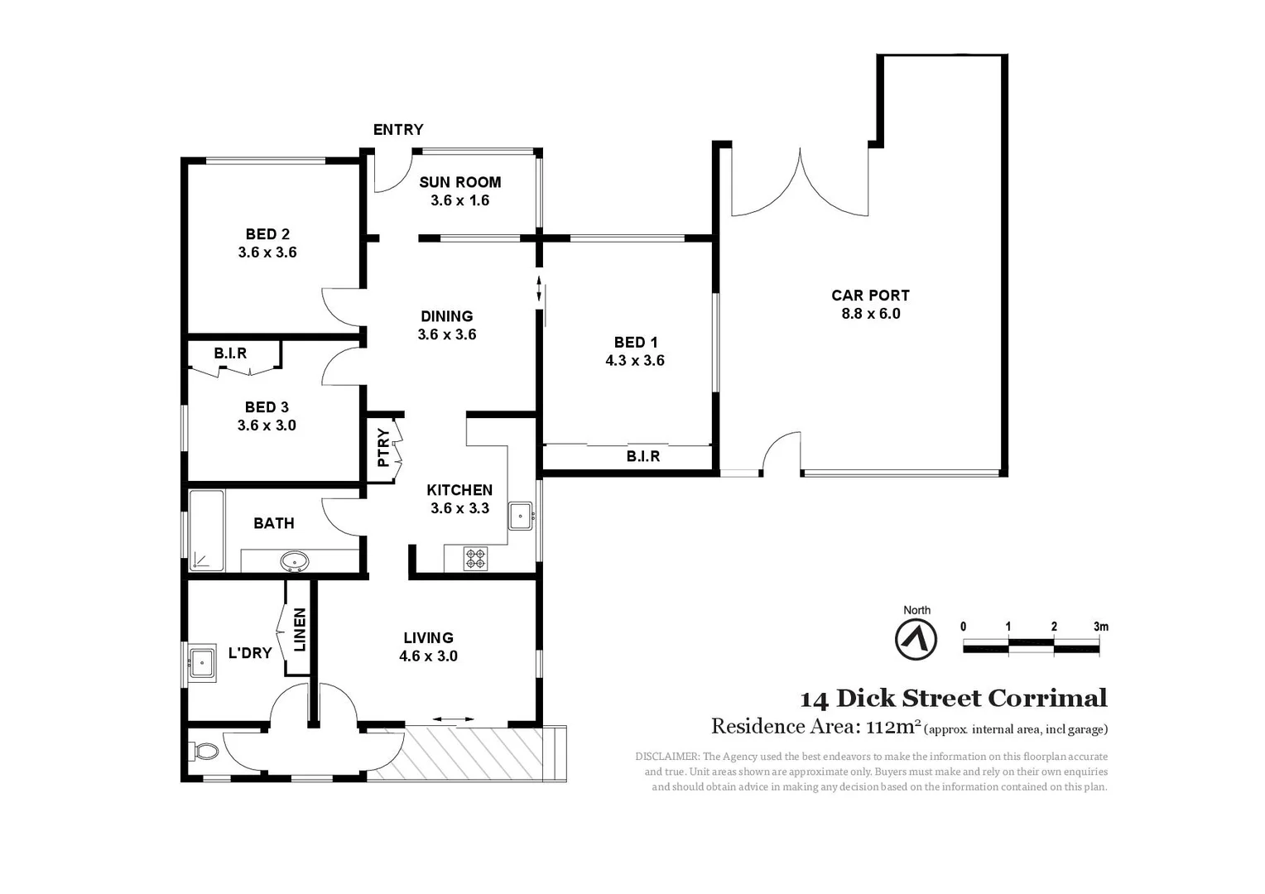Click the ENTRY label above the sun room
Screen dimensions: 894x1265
point(397,130)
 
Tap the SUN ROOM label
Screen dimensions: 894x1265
point(459,182)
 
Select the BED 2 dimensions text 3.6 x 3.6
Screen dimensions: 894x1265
point(267,252)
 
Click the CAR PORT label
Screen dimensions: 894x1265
point(870,296)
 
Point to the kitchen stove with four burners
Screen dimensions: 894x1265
point(475,559)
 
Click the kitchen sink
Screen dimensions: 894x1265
point(520,516)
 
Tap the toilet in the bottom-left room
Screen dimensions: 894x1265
point(204,752)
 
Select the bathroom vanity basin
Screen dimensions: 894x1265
point(294,562)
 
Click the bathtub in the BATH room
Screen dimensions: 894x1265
point(206,531)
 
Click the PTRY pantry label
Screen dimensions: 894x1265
point(383,448)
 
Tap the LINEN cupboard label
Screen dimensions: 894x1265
point(300,629)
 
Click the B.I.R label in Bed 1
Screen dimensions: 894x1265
point(642,456)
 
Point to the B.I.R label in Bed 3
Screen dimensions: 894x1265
point(230,353)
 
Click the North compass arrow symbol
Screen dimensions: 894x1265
point(916,640)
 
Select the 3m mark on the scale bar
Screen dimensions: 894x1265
point(1100,627)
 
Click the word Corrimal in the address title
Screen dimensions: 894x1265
point(1047,699)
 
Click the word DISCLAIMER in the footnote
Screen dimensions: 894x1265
point(667,757)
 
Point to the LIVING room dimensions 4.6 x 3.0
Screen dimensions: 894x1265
point(428,656)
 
